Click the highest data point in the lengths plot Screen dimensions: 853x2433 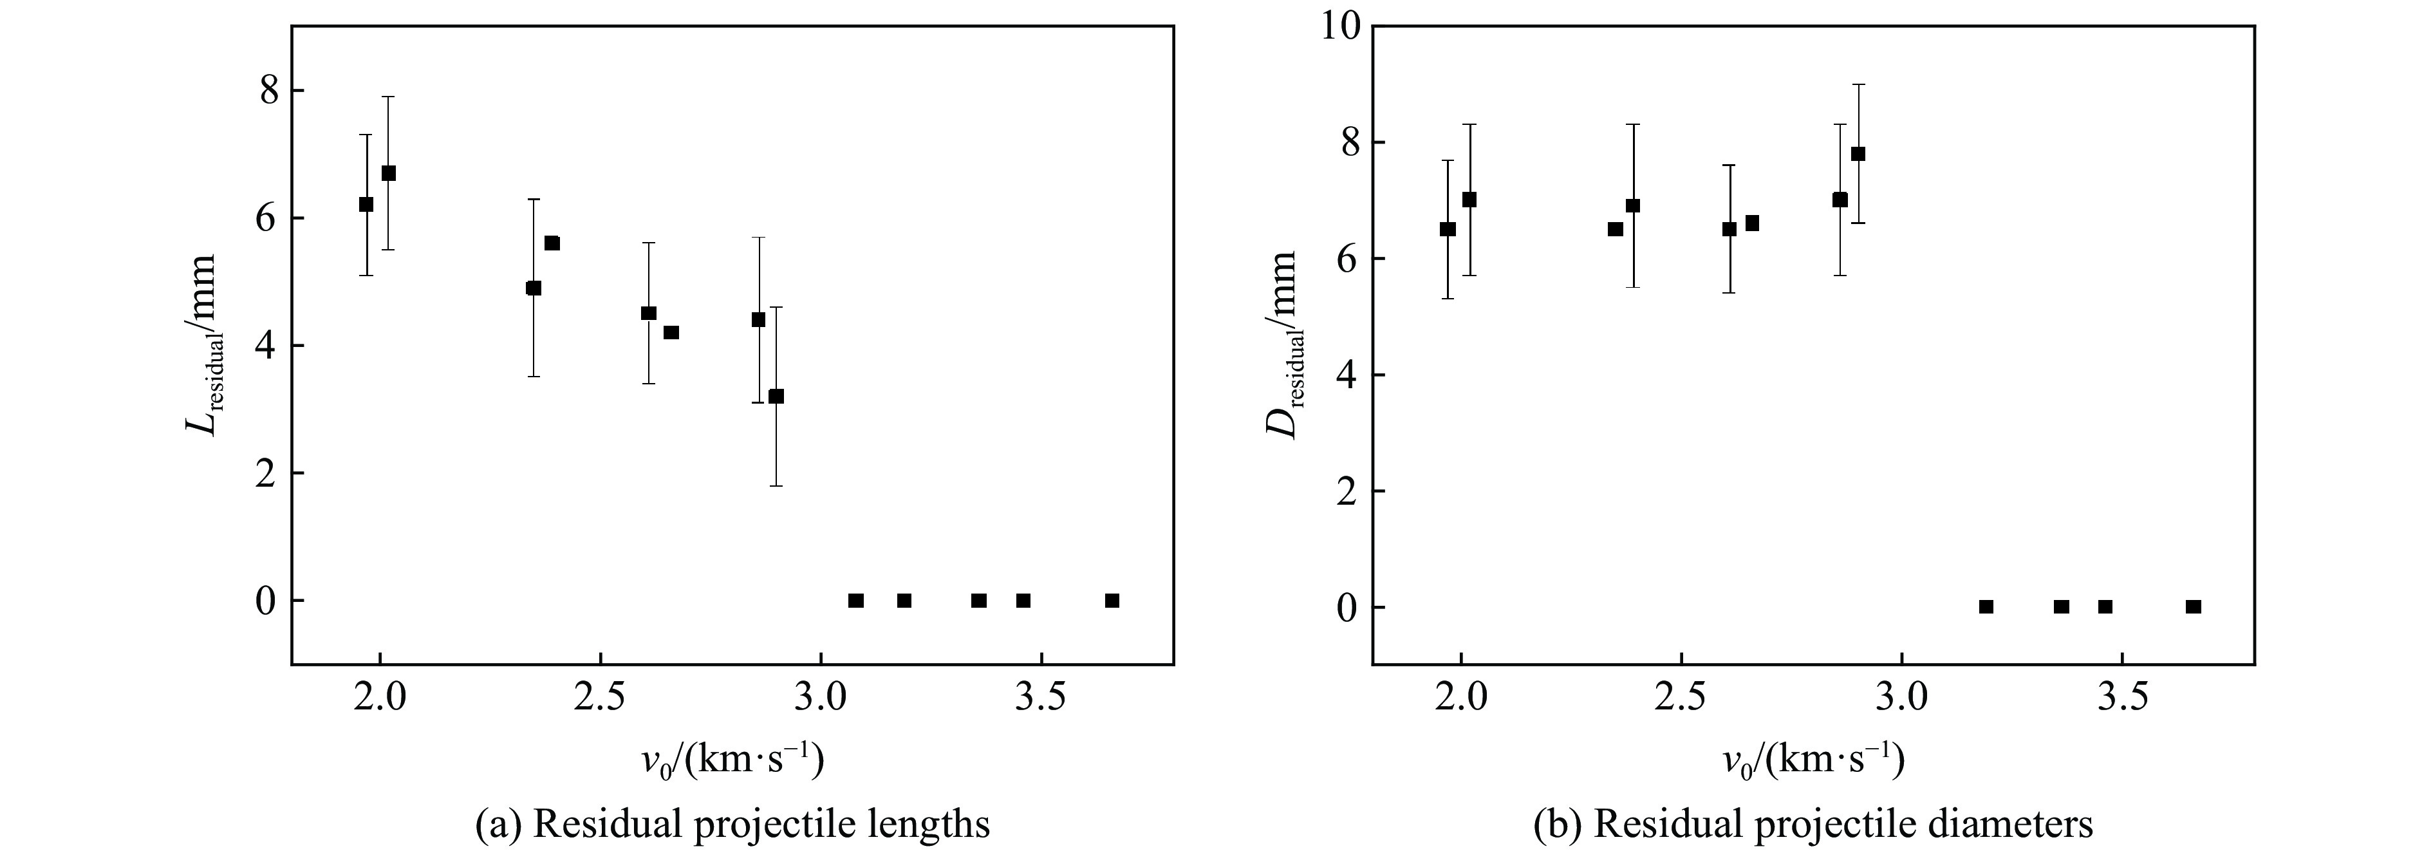click(x=388, y=173)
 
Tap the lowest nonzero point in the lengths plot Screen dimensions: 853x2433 click(x=776, y=396)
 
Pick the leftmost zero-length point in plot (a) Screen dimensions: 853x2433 click(x=855, y=601)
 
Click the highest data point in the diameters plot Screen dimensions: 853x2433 click(x=1858, y=154)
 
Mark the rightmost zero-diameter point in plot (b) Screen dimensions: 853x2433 click(x=2193, y=606)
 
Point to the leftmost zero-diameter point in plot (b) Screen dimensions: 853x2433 click(x=1986, y=606)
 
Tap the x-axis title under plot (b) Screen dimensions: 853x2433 click(x=1811, y=758)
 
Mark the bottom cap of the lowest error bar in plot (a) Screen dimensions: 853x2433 click(x=776, y=485)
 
